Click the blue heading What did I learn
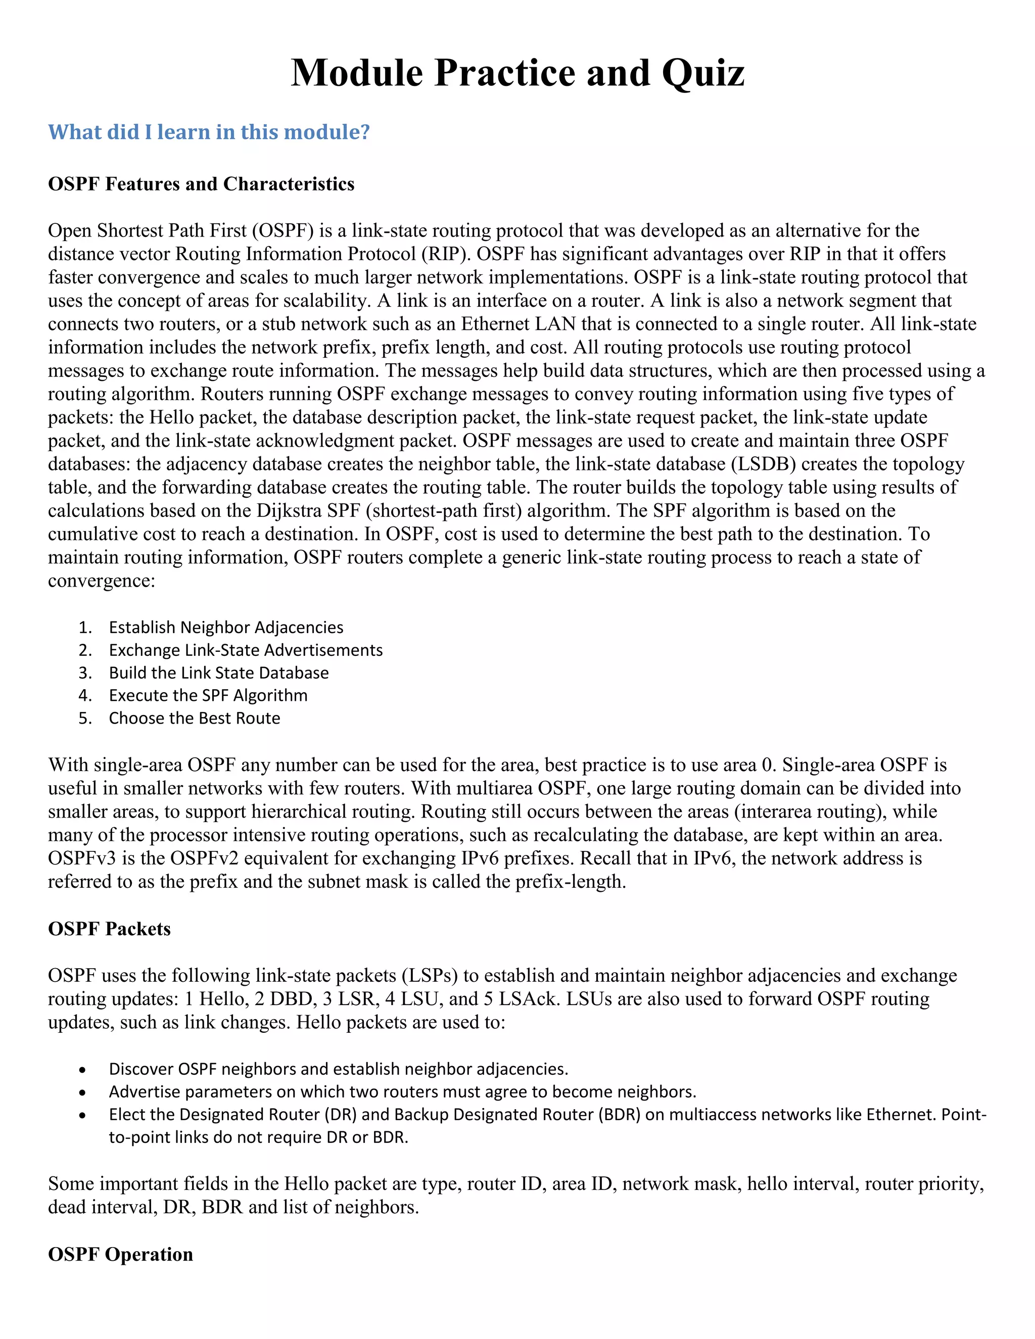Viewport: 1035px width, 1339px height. pyautogui.click(x=209, y=132)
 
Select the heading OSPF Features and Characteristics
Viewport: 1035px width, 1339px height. pyautogui.click(x=201, y=184)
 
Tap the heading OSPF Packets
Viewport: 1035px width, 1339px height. pyautogui.click(x=109, y=929)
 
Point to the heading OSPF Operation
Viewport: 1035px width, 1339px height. pyautogui.click(x=120, y=1255)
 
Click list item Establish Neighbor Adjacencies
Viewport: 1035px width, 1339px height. pyautogui.click(x=225, y=627)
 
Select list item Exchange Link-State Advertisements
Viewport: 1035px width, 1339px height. pyautogui.click(x=245, y=650)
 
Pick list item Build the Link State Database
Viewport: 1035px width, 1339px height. pyautogui.click(x=218, y=673)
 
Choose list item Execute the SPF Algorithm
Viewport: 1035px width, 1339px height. pyautogui.click(x=208, y=695)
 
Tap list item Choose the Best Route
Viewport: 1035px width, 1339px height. pyautogui.click(x=195, y=718)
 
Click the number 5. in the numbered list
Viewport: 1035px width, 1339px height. pyautogui.click(x=85, y=718)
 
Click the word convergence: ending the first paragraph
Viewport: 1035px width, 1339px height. pyautogui.click(x=102, y=581)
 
